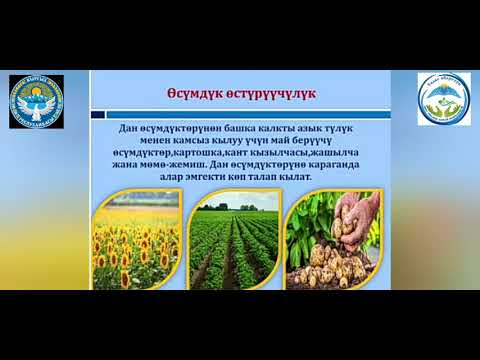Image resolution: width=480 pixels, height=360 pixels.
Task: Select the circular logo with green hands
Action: (444, 98)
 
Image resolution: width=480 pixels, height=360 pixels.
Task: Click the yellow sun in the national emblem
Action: (37, 92)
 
